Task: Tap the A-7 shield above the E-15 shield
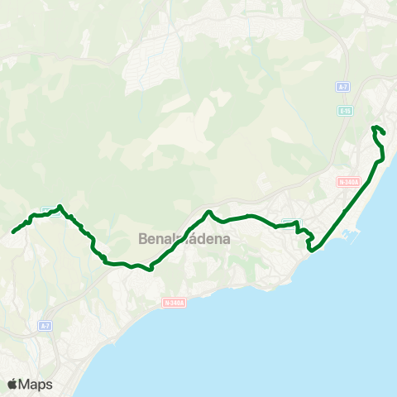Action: point(342,86)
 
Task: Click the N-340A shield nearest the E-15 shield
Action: point(348,181)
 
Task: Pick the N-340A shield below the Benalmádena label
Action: point(175,303)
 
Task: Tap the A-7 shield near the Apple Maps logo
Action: point(45,327)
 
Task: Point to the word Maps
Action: point(36,384)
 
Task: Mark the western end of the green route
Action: point(13,232)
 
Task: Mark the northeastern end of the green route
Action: point(385,133)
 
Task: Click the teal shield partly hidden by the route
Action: point(289,222)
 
